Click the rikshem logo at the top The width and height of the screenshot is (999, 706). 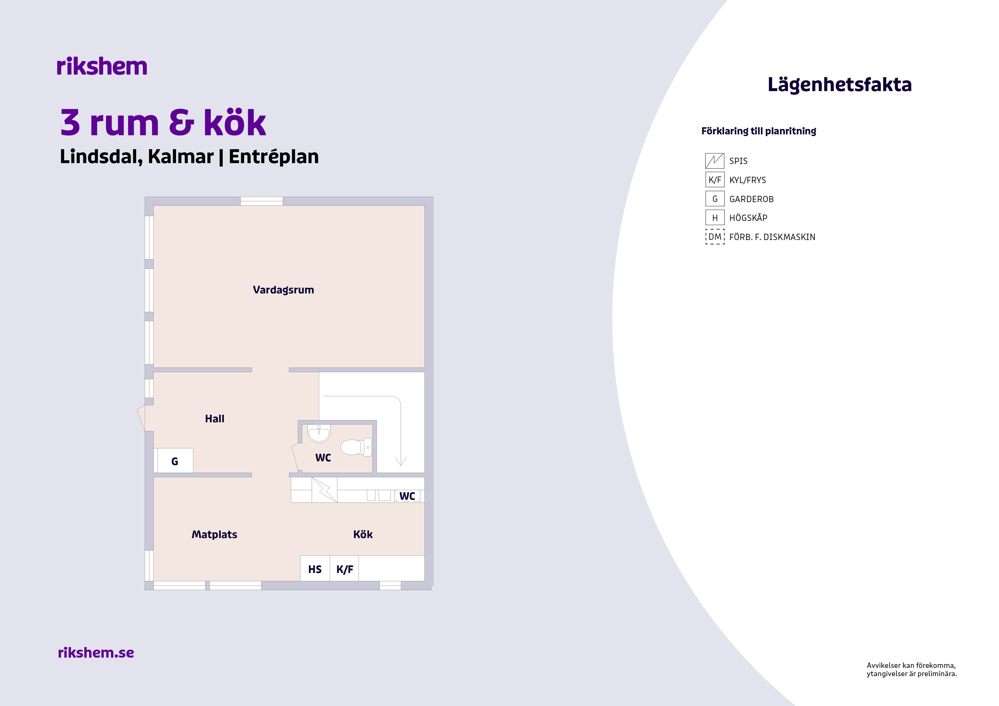coord(102,67)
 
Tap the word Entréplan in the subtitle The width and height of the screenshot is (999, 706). coord(274,157)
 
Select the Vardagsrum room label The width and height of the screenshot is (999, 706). coord(283,290)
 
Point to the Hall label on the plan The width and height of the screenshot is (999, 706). coord(214,418)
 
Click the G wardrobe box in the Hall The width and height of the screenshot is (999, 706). coord(175,460)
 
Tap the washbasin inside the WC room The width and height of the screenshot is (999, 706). coord(319,433)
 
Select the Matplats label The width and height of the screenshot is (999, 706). coord(214,535)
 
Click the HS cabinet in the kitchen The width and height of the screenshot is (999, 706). coord(315,569)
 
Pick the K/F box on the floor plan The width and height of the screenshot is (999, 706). coord(345,569)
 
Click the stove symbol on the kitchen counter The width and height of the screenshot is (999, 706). coord(324,490)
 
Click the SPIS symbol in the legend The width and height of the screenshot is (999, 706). coord(715,161)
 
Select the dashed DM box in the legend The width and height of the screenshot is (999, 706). coord(715,237)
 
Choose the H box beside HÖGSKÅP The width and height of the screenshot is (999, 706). coord(715,217)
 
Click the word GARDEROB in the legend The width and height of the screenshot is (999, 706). coord(752,199)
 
